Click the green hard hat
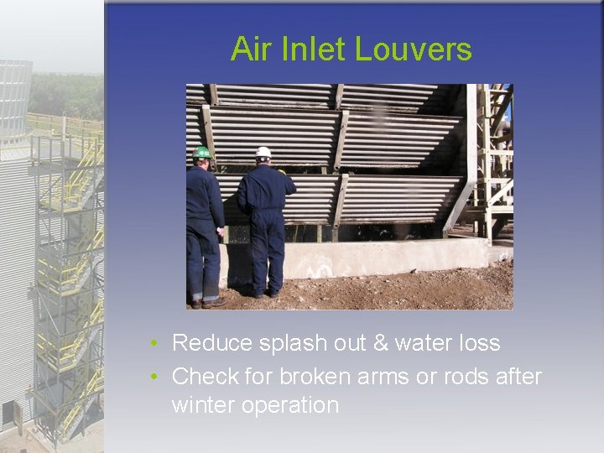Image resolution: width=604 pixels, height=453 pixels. (201, 153)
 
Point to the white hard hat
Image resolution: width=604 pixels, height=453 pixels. (263, 153)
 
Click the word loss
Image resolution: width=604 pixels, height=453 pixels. (480, 343)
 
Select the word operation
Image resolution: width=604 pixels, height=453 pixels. (290, 406)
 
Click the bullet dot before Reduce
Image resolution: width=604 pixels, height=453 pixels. (155, 344)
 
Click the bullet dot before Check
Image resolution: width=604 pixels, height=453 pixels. (155, 377)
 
